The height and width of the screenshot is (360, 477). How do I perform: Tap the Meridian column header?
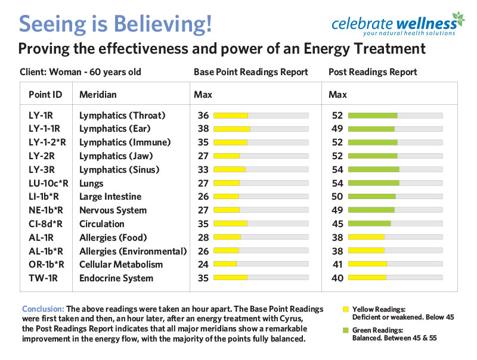tap(98, 95)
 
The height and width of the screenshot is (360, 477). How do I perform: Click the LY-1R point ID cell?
tap(42, 115)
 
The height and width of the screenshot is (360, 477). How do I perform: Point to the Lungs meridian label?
tap(91, 183)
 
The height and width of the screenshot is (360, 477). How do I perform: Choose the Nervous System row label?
tap(113, 210)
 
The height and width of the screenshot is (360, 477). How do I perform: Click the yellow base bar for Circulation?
tap(230, 224)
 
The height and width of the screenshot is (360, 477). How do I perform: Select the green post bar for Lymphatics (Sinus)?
tap(373, 170)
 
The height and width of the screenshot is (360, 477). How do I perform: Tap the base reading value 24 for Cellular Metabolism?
tap(203, 265)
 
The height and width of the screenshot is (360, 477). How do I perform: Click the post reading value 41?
tap(337, 265)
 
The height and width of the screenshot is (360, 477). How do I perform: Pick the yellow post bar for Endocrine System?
tap(367, 278)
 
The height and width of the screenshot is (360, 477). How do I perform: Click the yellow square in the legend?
tap(345, 310)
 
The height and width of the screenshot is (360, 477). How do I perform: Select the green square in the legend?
tap(345, 330)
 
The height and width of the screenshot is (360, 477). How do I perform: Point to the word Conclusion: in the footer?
tap(43, 309)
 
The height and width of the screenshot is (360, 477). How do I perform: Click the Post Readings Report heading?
tap(373, 72)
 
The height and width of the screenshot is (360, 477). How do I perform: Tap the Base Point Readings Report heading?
tap(250, 72)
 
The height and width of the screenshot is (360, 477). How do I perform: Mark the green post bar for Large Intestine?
tap(371, 197)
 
